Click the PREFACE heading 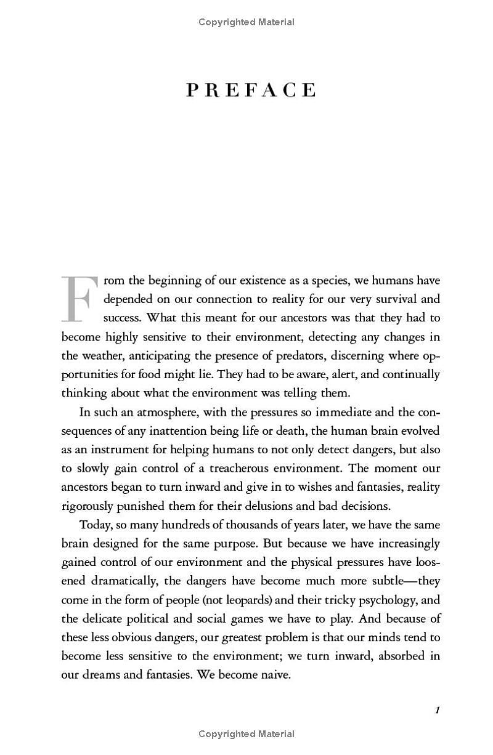(x=251, y=91)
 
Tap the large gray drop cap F (x=79, y=299)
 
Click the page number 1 (x=437, y=710)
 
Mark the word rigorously (x=86, y=506)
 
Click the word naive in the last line (x=275, y=674)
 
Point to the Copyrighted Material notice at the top (x=246, y=22)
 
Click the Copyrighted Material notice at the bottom (x=246, y=733)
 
